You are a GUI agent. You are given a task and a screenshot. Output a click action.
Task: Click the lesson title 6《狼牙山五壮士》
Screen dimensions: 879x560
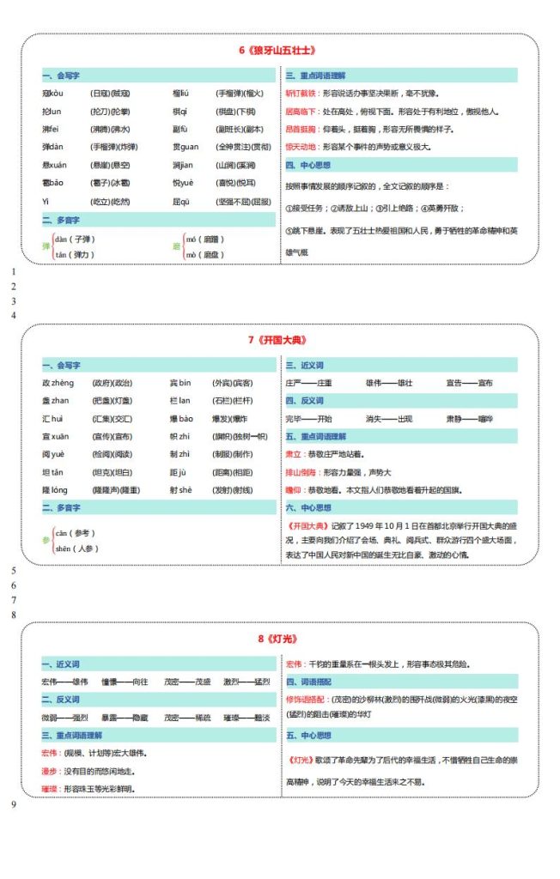pos(281,50)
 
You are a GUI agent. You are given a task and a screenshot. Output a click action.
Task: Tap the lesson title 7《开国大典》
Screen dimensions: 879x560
pos(281,341)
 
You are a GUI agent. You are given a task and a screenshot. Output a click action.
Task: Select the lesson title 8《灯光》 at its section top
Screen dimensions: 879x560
pos(281,639)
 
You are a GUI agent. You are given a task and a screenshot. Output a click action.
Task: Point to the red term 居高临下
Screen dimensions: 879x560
pos(301,111)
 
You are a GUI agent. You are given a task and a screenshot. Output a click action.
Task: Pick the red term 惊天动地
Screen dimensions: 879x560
pos(301,147)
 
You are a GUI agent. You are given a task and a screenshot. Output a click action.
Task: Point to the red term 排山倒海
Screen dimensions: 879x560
pos(301,471)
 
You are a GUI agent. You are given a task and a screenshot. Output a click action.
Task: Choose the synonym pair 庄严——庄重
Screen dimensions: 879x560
pos(308,383)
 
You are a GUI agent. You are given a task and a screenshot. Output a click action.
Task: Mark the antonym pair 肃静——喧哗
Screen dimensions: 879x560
pos(469,419)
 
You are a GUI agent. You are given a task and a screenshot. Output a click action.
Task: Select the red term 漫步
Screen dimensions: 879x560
pos(49,771)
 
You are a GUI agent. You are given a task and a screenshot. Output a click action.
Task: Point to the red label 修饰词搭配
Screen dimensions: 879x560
pos(306,699)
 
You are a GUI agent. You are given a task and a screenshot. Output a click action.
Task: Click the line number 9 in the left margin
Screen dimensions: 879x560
pos(13,803)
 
